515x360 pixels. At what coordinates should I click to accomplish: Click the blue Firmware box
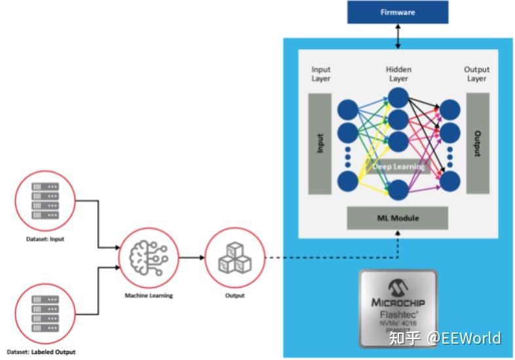click(x=398, y=12)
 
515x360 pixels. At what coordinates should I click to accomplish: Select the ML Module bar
click(x=397, y=218)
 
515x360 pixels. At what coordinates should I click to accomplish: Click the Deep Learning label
click(x=398, y=166)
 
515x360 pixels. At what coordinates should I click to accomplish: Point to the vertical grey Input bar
click(x=320, y=144)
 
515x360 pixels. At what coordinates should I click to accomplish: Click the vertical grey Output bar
click(x=477, y=144)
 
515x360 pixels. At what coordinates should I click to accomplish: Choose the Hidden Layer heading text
click(x=398, y=73)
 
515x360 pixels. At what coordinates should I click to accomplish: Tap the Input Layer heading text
click(x=321, y=73)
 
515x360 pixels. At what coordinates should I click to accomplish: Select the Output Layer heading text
click(x=476, y=73)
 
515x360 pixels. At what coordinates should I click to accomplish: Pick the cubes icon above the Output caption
click(x=235, y=258)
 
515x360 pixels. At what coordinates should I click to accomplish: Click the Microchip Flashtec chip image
click(x=398, y=307)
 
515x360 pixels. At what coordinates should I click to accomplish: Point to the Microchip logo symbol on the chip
click(x=397, y=286)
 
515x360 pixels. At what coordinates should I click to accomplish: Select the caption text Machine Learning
click(x=149, y=296)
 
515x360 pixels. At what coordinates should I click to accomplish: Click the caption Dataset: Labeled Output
click(x=45, y=352)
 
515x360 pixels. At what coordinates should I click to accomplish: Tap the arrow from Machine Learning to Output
click(x=191, y=258)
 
